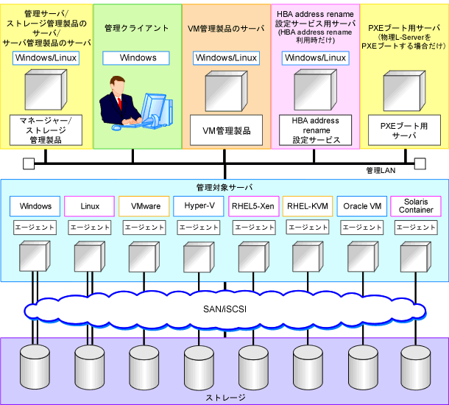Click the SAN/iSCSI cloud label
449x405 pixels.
pyautogui.click(x=224, y=309)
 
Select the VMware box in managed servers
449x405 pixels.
pyautogui.click(x=144, y=206)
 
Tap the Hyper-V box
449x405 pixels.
pyautogui.click(x=199, y=206)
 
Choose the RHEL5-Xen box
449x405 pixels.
pyautogui.click(x=253, y=206)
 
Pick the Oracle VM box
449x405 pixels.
pyautogui.click(x=362, y=206)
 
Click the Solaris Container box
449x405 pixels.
pyautogui.click(x=416, y=206)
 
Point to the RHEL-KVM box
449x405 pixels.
pyautogui.click(x=308, y=206)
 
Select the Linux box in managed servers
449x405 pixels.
pyautogui.click(x=89, y=206)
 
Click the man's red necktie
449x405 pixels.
pyautogui.click(x=119, y=103)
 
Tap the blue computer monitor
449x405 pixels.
pyautogui.click(x=152, y=108)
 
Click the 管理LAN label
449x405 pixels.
pyautogui.click(x=381, y=171)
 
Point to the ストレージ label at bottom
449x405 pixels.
pyautogui.click(x=226, y=398)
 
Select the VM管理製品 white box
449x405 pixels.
pyautogui.click(x=226, y=130)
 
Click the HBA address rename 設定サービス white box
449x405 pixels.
pyautogui.click(x=315, y=130)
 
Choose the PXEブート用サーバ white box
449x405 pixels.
pyautogui.click(x=404, y=130)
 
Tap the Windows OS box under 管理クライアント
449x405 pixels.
pyautogui.click(x=136, y=58)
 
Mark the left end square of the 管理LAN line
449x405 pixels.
pyautogui.click(x=29, y=163)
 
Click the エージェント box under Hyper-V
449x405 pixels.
pyautogui.click(x=199, y=228)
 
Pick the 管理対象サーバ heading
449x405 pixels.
pyautogui.click(x=224, y=188)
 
